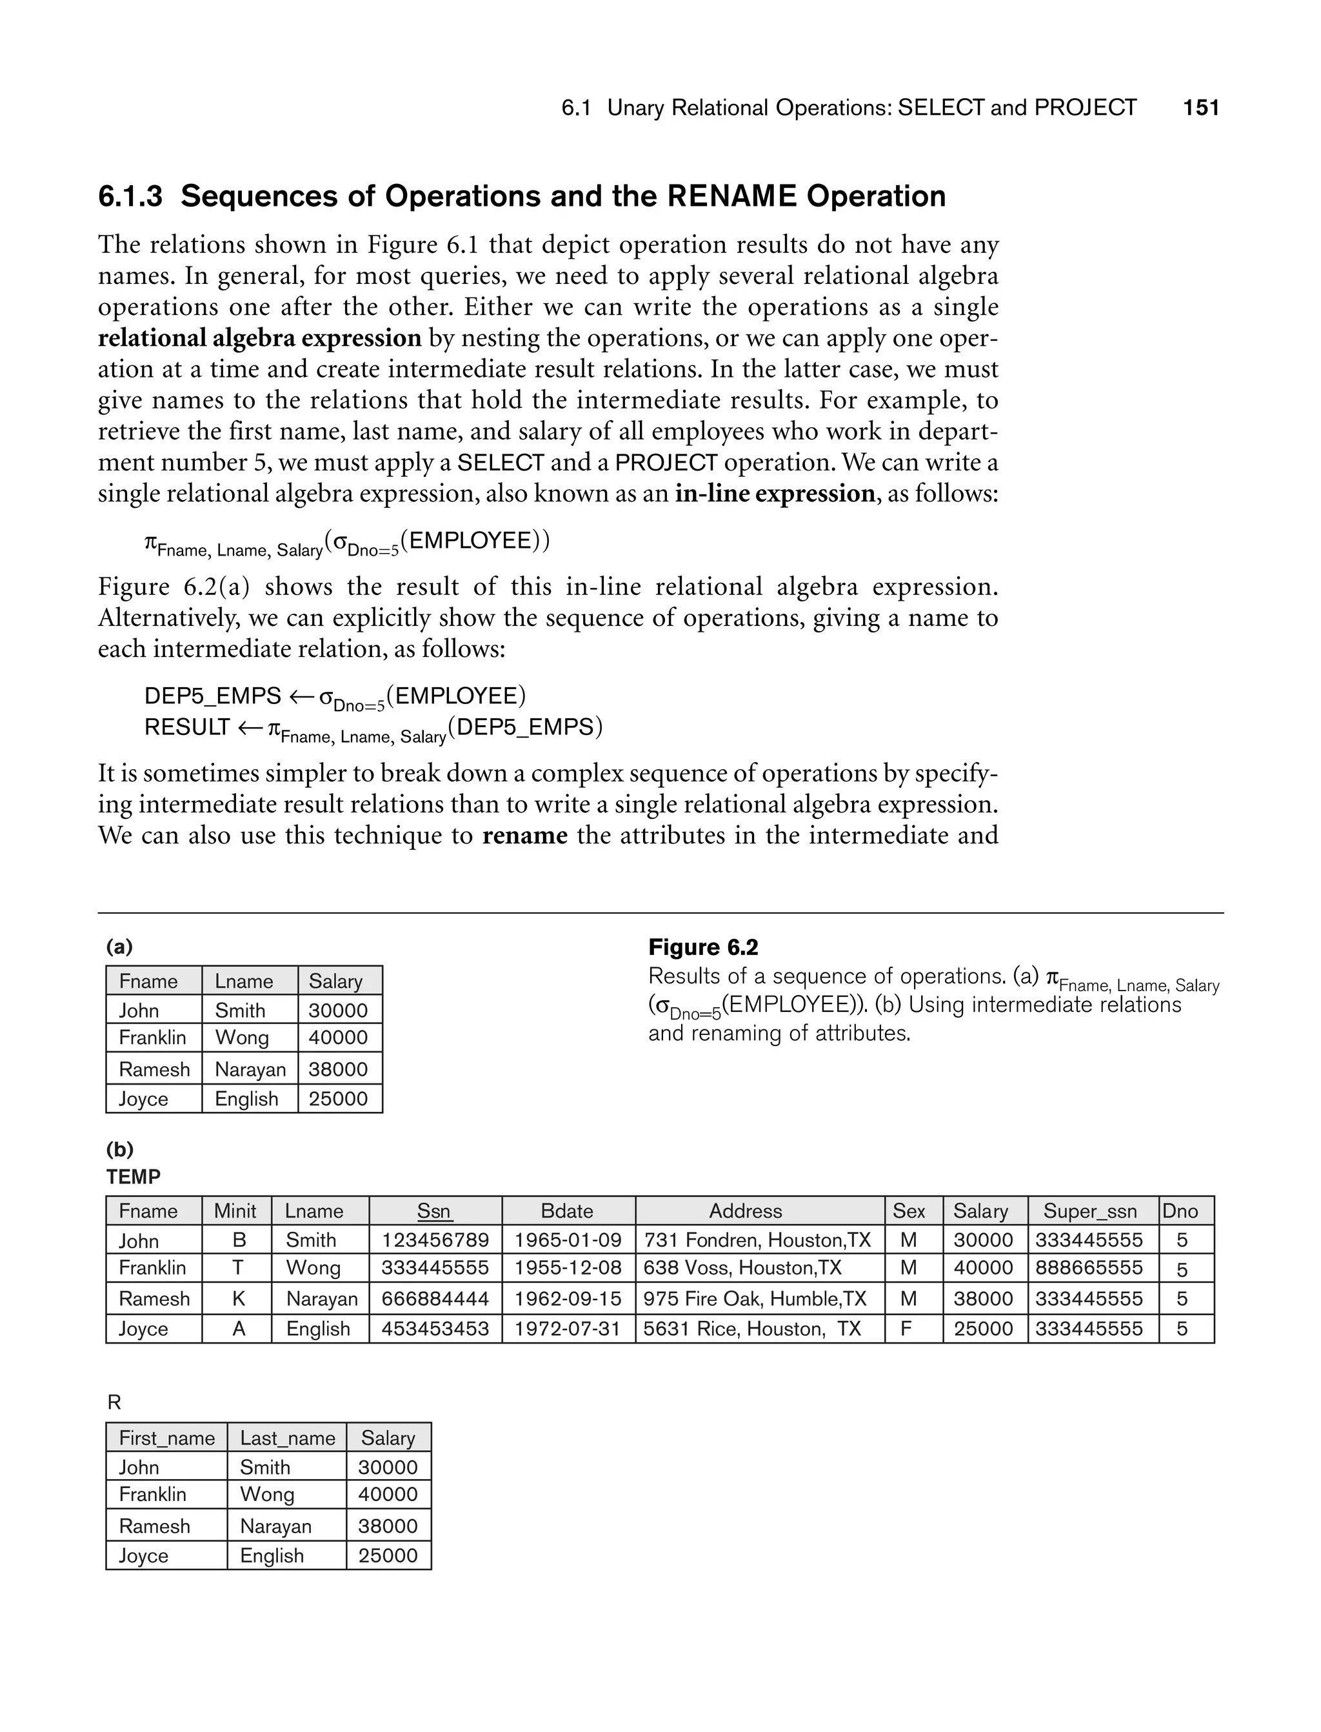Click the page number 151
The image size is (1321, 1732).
1200,108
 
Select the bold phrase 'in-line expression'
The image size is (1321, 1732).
775,494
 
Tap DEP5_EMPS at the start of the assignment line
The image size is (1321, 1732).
212,696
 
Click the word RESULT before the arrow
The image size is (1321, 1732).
187,727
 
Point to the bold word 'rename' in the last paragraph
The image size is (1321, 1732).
524,835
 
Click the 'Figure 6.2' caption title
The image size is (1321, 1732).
703,948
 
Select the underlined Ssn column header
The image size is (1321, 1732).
434,1211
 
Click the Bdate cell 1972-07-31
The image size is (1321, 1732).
568,1329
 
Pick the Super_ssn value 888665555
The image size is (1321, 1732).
1089,1268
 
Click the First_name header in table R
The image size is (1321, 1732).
166,1438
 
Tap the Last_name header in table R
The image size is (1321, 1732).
287,1438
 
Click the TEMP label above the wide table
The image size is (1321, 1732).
133,1178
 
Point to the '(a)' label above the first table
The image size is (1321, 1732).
119,947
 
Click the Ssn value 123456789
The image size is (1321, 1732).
435,1240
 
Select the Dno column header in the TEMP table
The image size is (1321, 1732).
1180,1211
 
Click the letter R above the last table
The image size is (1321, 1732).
114,1402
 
